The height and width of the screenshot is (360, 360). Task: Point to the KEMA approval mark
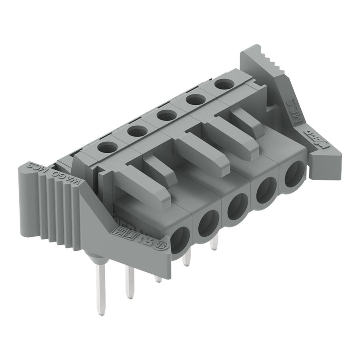[x=121, y=231]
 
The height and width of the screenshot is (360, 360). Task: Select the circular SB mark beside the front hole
[x=164, y=244]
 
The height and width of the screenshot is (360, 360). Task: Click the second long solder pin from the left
[x=129, y=282]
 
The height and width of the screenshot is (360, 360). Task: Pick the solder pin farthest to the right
[x=214, y=242]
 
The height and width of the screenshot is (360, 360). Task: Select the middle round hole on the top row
[x=166, y=115]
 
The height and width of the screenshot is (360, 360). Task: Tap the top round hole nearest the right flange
[x=224, y=84]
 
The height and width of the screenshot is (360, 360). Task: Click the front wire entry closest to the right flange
[x=295, y=174]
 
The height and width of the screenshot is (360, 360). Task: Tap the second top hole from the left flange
[x=137, y=130]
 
